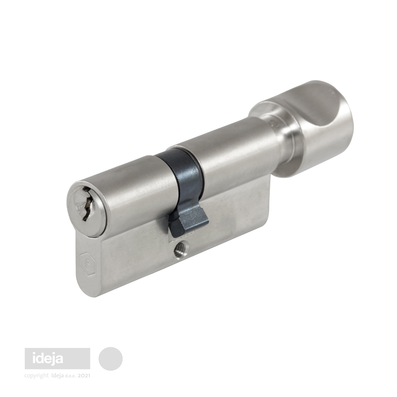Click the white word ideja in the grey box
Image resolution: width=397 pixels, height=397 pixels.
(x=48, y=359)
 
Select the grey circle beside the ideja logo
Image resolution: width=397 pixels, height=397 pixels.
(x=110, y=359)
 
